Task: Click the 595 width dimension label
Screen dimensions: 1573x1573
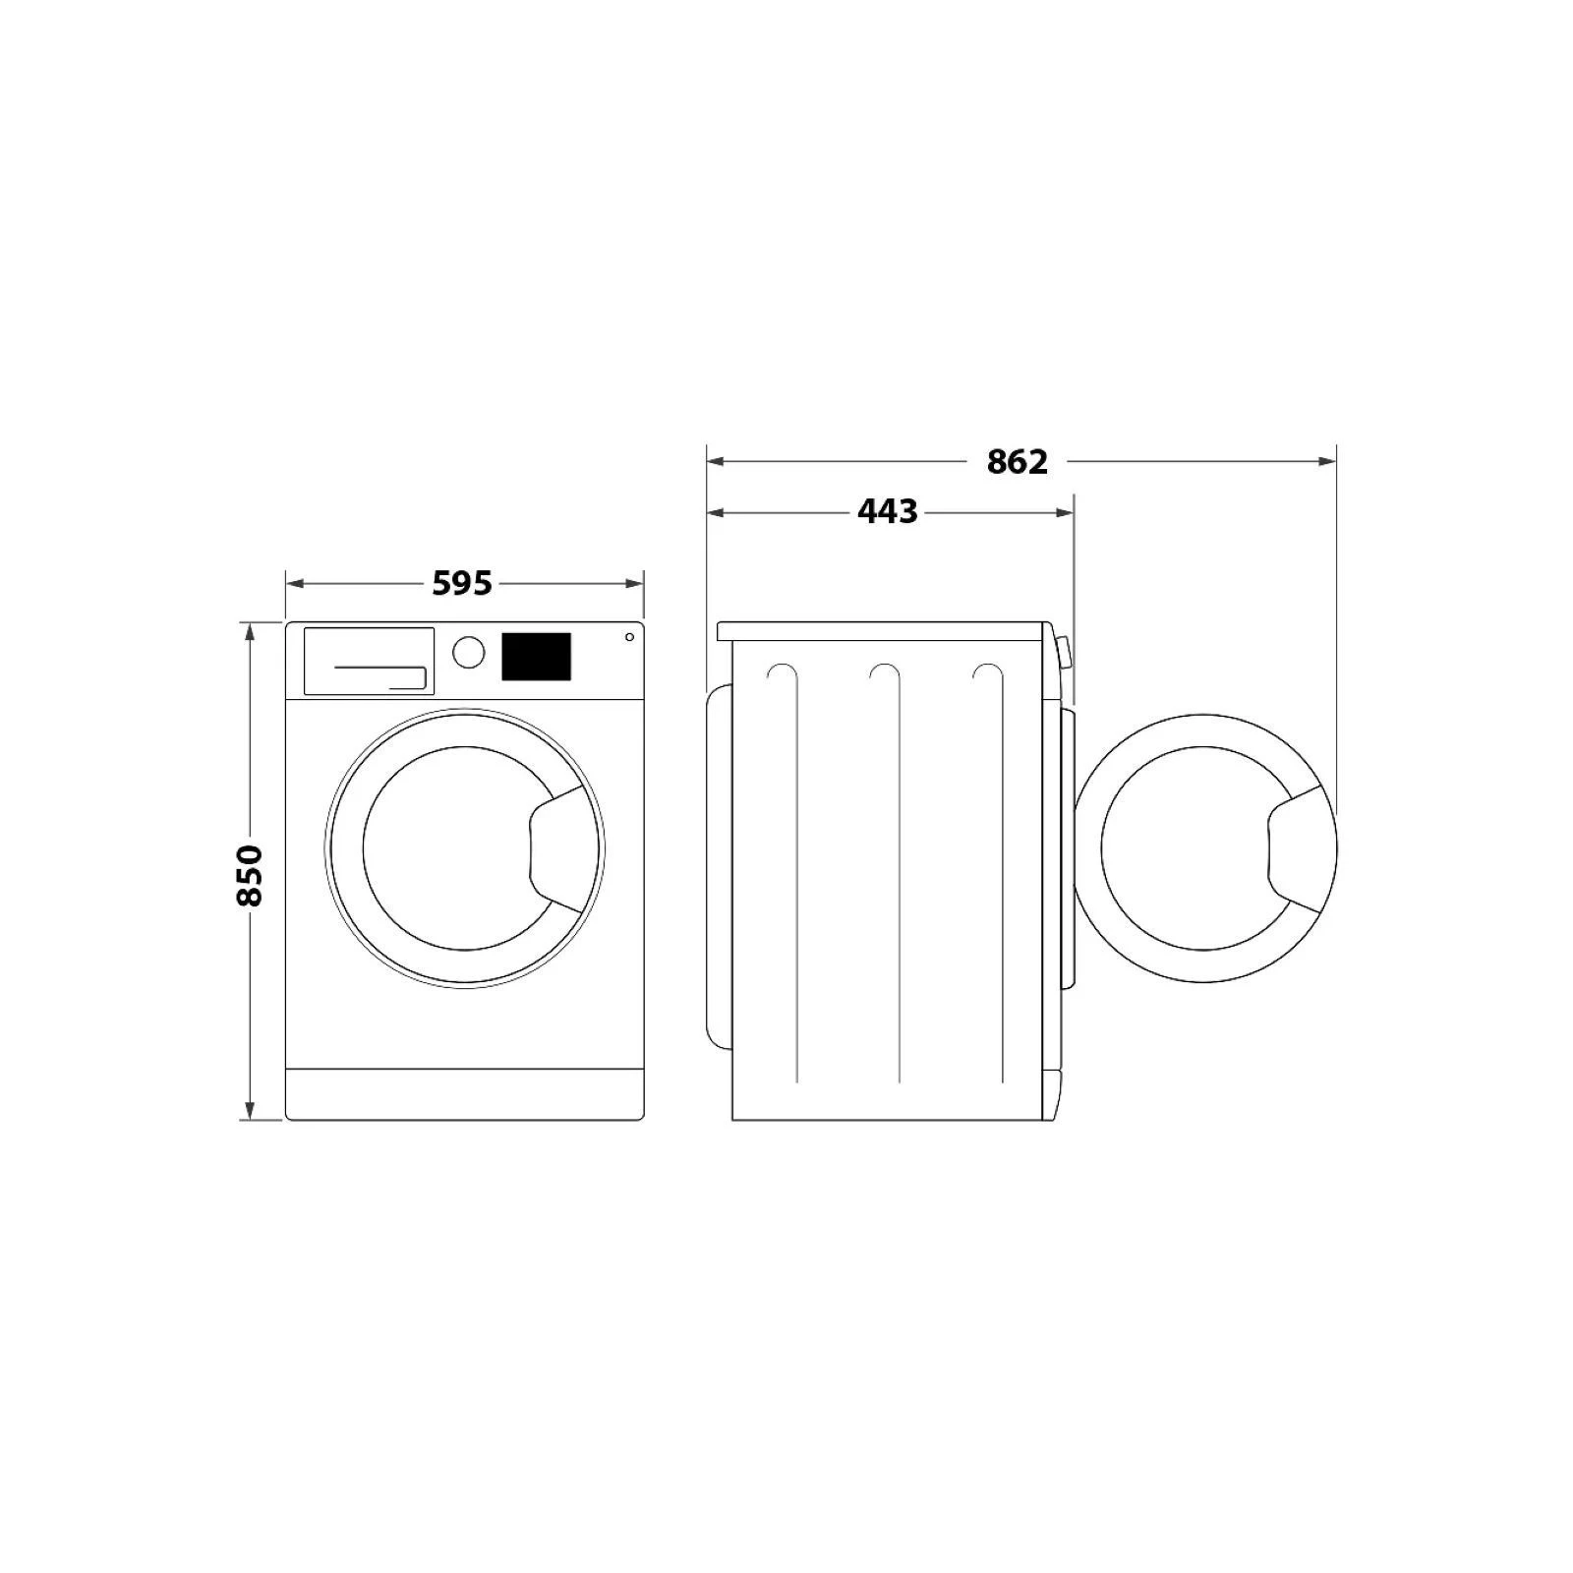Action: (462, 584)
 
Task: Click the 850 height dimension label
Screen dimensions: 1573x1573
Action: (250, 874)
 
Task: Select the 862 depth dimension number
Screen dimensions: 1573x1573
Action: (1018, 461)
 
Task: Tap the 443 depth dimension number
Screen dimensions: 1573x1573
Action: (888, 512)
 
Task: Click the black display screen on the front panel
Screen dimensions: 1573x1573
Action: (536, 657)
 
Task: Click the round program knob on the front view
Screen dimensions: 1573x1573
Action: (469, 652)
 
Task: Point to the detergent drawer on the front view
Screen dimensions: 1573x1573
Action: (369, 661)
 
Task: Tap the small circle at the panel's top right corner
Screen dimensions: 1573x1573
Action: (629, 637)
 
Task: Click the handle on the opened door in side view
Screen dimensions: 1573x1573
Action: (1298, 847)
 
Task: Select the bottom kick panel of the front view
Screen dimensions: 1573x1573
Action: (464, 1093)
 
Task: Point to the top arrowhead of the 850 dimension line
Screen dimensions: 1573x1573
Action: (250, 630)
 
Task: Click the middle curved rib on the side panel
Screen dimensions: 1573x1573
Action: (898, 875)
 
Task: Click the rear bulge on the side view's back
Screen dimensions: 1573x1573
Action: (719, 865)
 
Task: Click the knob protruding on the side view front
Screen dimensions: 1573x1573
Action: (1063, 652)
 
